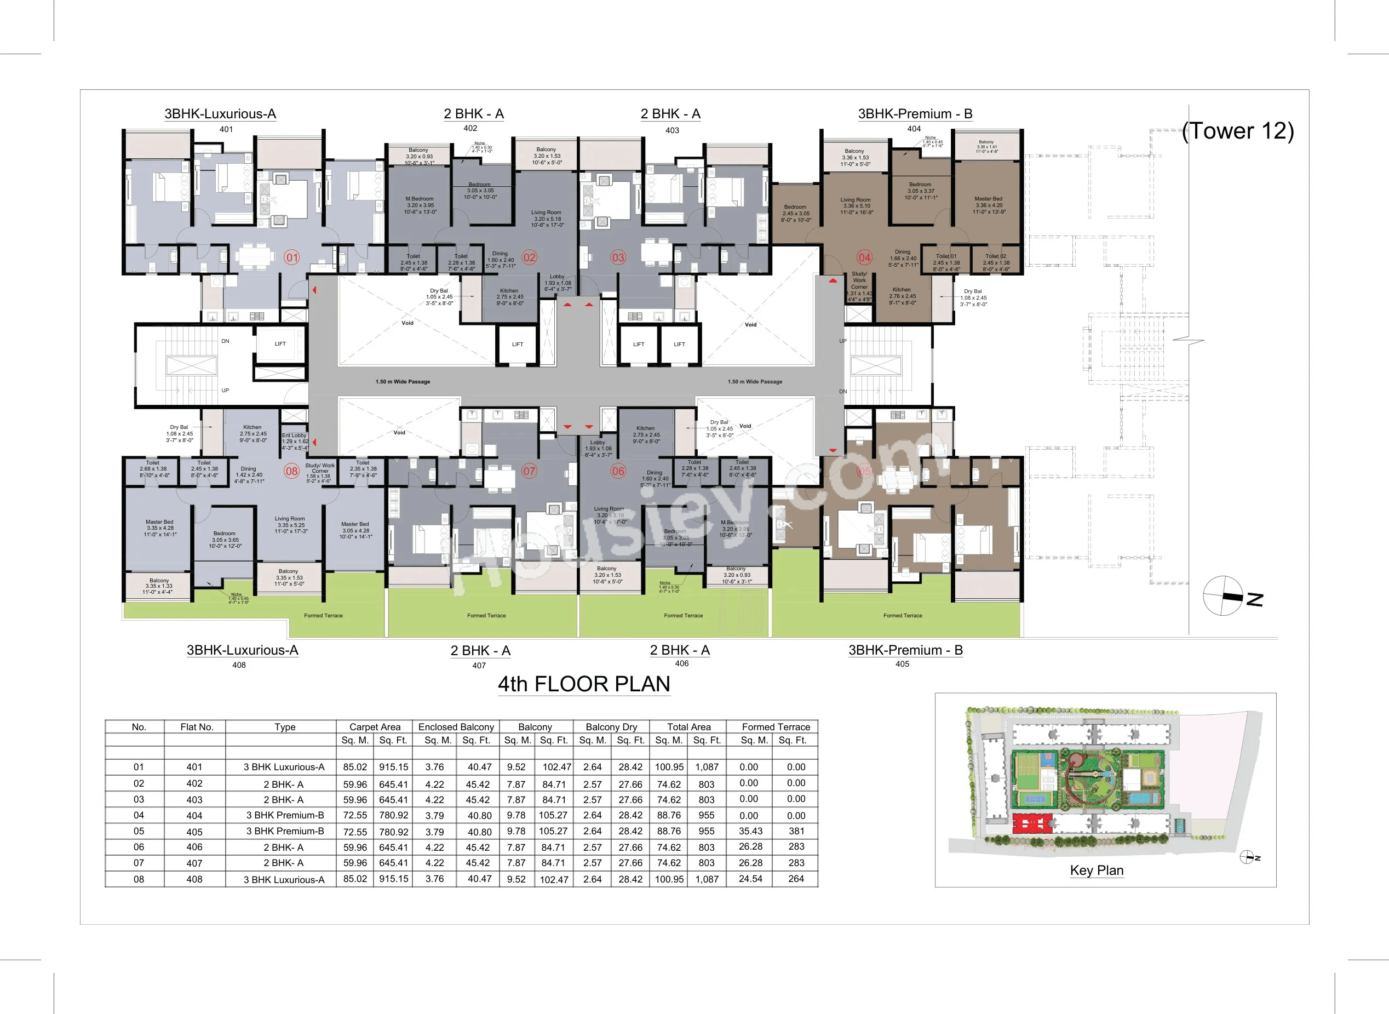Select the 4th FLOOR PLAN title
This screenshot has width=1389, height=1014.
tap(583, 684)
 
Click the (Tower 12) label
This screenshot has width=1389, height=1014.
tap(1237, 131)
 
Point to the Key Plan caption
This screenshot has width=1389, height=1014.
tap(1097, 870)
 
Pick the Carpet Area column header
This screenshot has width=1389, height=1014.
tap(374, 727)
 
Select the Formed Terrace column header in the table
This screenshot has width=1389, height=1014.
tap(776, 727)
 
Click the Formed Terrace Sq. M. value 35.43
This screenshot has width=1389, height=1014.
tap(750, 830)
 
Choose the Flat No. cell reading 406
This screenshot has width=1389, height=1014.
tap(194, 846)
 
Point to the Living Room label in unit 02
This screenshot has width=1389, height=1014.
tap(546, 213)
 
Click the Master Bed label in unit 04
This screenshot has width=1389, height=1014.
tap(989, 199)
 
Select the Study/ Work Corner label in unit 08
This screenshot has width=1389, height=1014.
tap(320, 468)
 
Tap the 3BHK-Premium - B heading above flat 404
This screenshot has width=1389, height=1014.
tap(915, 113)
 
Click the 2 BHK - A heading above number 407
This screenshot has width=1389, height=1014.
tap(480, 650)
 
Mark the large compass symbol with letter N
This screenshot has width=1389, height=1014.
tap(1224, 596)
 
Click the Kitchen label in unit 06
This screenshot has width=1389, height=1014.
tap(645, 428)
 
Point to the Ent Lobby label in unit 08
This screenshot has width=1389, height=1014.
tap(294, 435)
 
